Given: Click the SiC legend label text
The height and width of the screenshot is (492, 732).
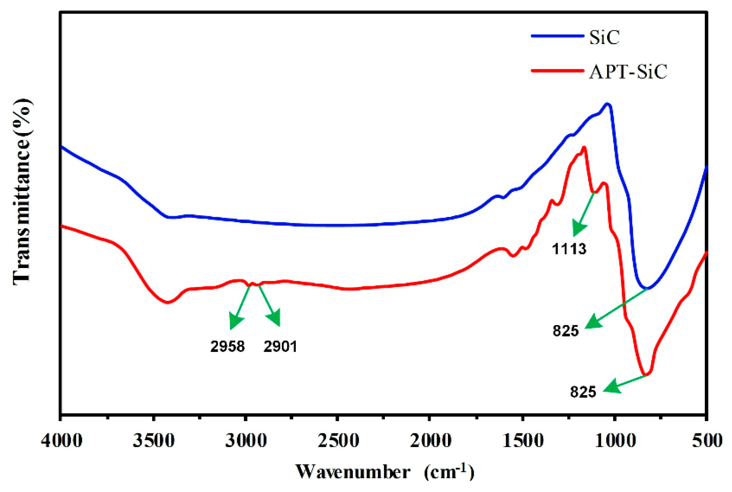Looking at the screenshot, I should pyautogui.click(x=604, y=38).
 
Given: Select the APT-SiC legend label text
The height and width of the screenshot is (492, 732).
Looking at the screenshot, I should pyautogui.click(x=628, y=72).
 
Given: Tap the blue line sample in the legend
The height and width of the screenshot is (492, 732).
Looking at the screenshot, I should pyautogui.click(x=557, y=36).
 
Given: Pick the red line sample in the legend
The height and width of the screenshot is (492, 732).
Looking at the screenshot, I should pyautogui.click(x=557, y=70).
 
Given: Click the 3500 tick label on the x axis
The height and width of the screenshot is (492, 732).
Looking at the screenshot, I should pyautogui.click(x=154, y=440).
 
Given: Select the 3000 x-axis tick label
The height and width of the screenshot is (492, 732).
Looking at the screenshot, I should pyautogui.click(x=246, y=440).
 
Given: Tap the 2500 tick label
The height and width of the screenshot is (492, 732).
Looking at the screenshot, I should pyautogui.click(x=339, y=440).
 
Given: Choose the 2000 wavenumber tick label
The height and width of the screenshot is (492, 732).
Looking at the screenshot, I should pyautogui.click(x=430, y=440).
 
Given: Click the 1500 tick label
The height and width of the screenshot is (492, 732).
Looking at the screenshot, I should pyautogui.click(x=523, y=440).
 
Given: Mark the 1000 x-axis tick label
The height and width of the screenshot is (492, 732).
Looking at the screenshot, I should pyautogui.click(x=615, y=440).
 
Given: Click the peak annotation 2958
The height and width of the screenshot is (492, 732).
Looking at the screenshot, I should pyautogui.click(x=227, y=347).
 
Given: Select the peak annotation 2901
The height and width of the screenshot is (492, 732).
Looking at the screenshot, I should pyautogui.click(x=280, y=347).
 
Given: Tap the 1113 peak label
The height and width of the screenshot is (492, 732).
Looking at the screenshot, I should pyautogui.click(x=569, y=249).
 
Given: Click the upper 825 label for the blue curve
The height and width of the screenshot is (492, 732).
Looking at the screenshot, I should pyautogui.click(x=566, y=331).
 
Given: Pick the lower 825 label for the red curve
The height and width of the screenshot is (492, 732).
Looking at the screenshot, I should pyautogui.click(x=583, y=392).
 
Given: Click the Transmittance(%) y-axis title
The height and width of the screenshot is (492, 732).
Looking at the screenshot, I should pyautogui.click(x=22, y=192).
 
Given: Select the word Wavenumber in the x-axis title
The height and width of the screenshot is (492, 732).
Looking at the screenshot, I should pyautogui.click(x=353, y=472).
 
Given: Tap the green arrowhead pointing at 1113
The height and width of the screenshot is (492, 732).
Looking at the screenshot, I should pyautogui.click(x=579, y=230).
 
